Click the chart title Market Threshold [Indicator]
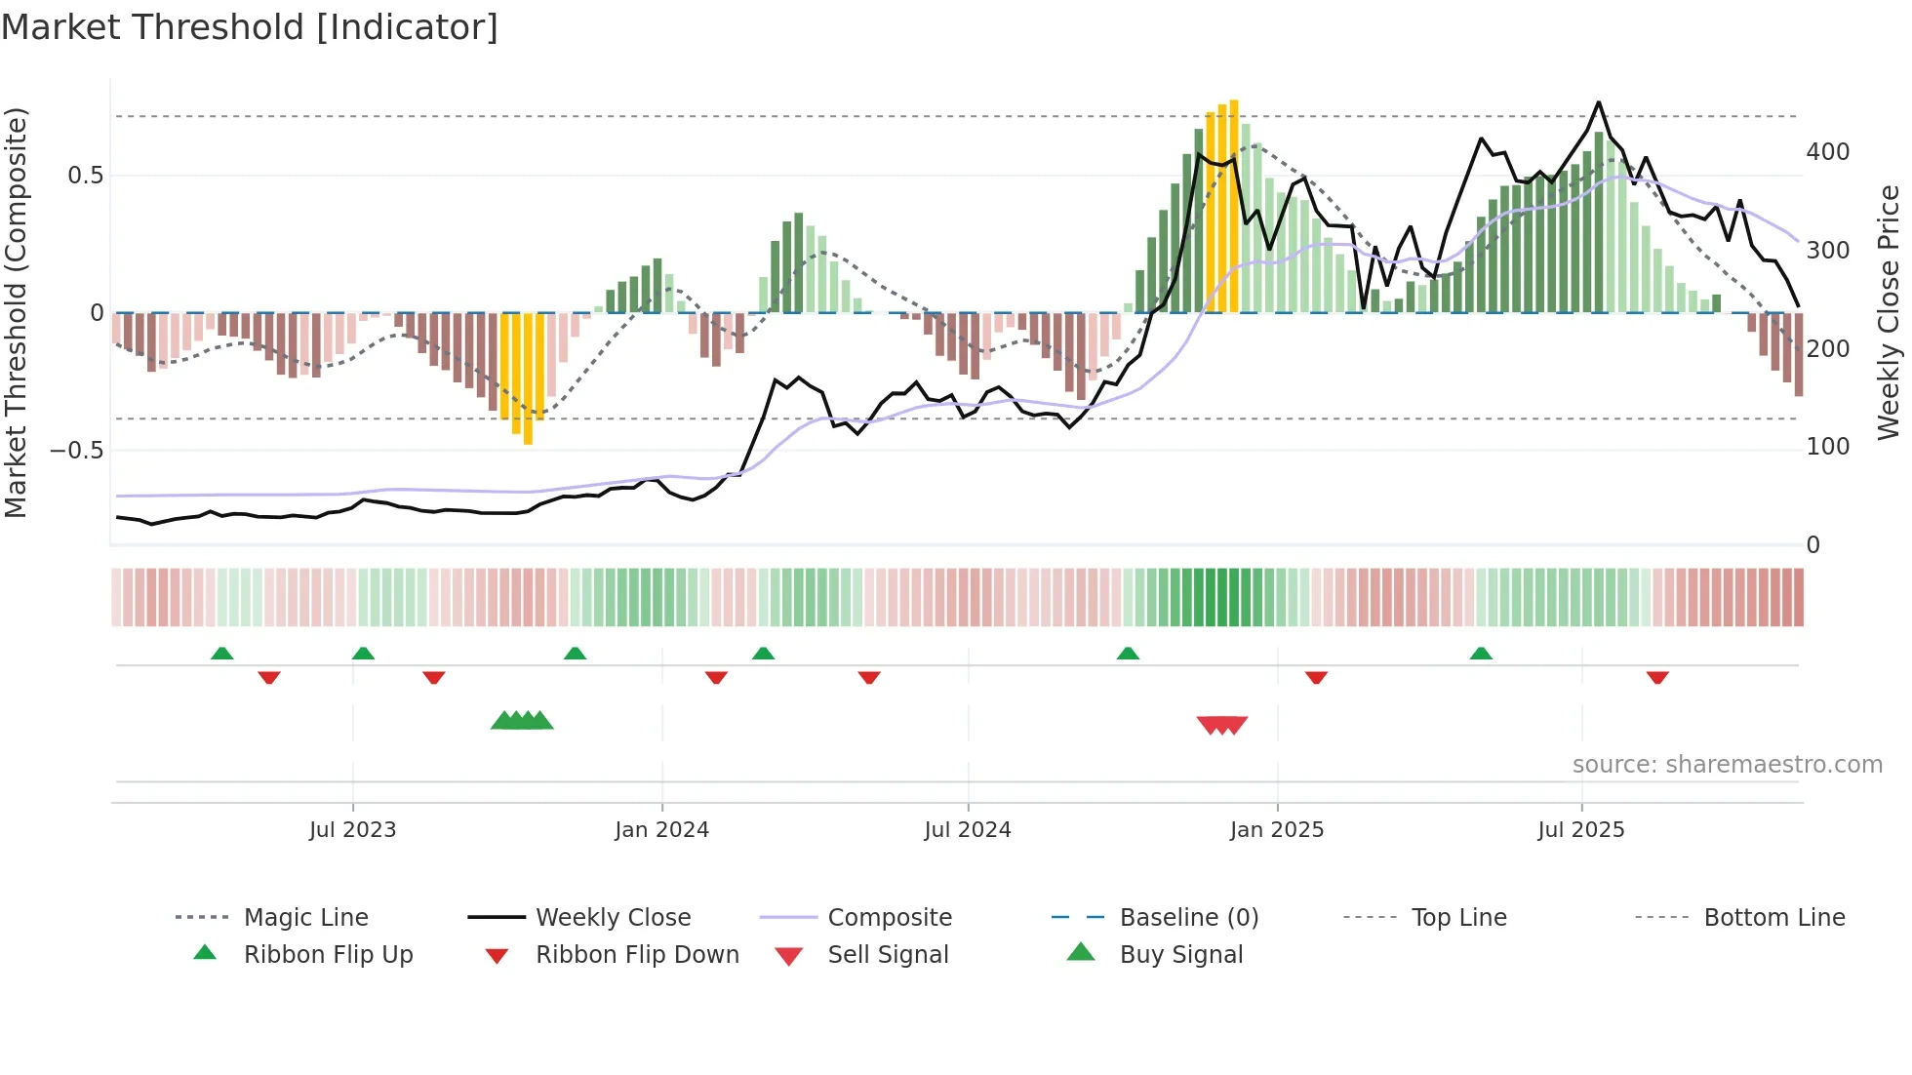click(250, 27)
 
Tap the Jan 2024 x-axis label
click(661, 830)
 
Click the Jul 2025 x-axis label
click(1580, 830)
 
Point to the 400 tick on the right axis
click(1827, 152)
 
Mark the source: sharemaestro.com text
click(1727, 765)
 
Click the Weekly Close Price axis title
click(1889, 312)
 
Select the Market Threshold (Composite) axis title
click(16, 312)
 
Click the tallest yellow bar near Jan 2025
click(1234, 205)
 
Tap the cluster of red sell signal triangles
click(1222, 725)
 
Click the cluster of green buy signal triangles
click(522, 721)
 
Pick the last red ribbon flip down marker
click(1657, 677)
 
